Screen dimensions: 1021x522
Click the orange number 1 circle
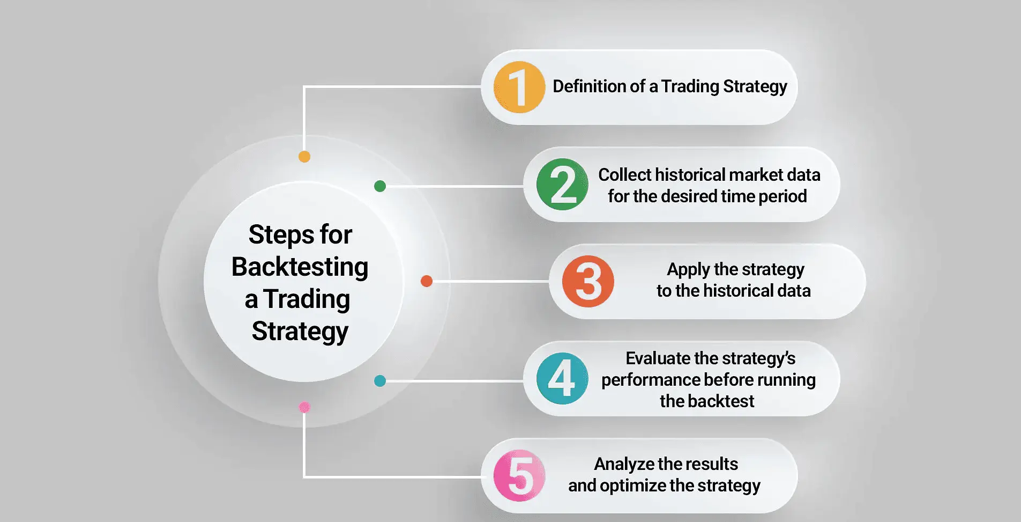click(519, 87)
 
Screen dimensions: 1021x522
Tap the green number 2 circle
click(562, 185)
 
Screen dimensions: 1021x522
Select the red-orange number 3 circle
click(588, 281)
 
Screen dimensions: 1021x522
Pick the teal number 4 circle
click(562, 378)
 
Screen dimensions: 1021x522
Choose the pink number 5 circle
click(519, 476)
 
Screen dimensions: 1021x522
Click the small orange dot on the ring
click(304, 157)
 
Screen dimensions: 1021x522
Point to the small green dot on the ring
click(380, 186)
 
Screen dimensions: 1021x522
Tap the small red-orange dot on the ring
click(427, 281)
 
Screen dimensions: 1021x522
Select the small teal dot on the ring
click(380, 381)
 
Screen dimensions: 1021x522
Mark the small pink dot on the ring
click(304, 407)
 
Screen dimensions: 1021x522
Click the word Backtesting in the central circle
click(300, 267)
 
